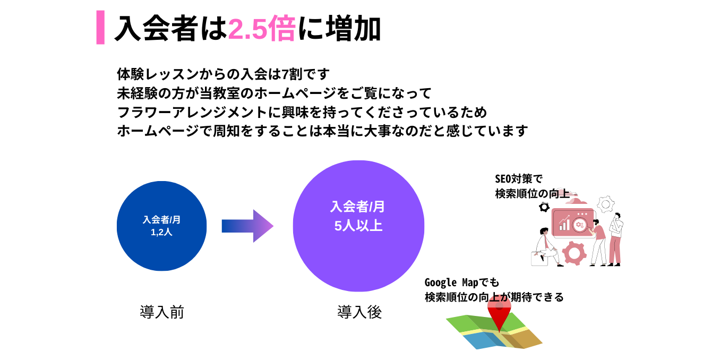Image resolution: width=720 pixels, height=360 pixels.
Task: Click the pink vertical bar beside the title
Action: pos(100,27)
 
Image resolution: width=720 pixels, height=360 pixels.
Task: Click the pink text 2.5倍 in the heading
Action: pos(262,29)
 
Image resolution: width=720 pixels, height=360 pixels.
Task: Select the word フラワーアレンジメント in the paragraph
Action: pos(192,112)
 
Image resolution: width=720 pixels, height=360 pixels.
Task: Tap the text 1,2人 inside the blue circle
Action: pos(161,232)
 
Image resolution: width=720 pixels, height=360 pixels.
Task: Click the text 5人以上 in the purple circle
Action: pos(358,226)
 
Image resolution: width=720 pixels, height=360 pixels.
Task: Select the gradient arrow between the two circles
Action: pos(247,226)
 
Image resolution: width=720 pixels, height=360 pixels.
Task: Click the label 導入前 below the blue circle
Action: pos(161,312)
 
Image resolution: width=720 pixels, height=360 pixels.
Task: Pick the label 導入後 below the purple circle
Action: pos(359,312)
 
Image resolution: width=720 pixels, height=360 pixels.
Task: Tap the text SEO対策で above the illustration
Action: pos(519,179)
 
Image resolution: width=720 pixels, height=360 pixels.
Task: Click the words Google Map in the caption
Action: pos(451,282)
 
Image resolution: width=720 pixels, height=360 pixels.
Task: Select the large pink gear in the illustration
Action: pos(574,253)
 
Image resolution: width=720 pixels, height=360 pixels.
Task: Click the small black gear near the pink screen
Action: pos(544,207)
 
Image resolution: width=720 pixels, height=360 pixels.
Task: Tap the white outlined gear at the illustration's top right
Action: pos(605,204)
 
